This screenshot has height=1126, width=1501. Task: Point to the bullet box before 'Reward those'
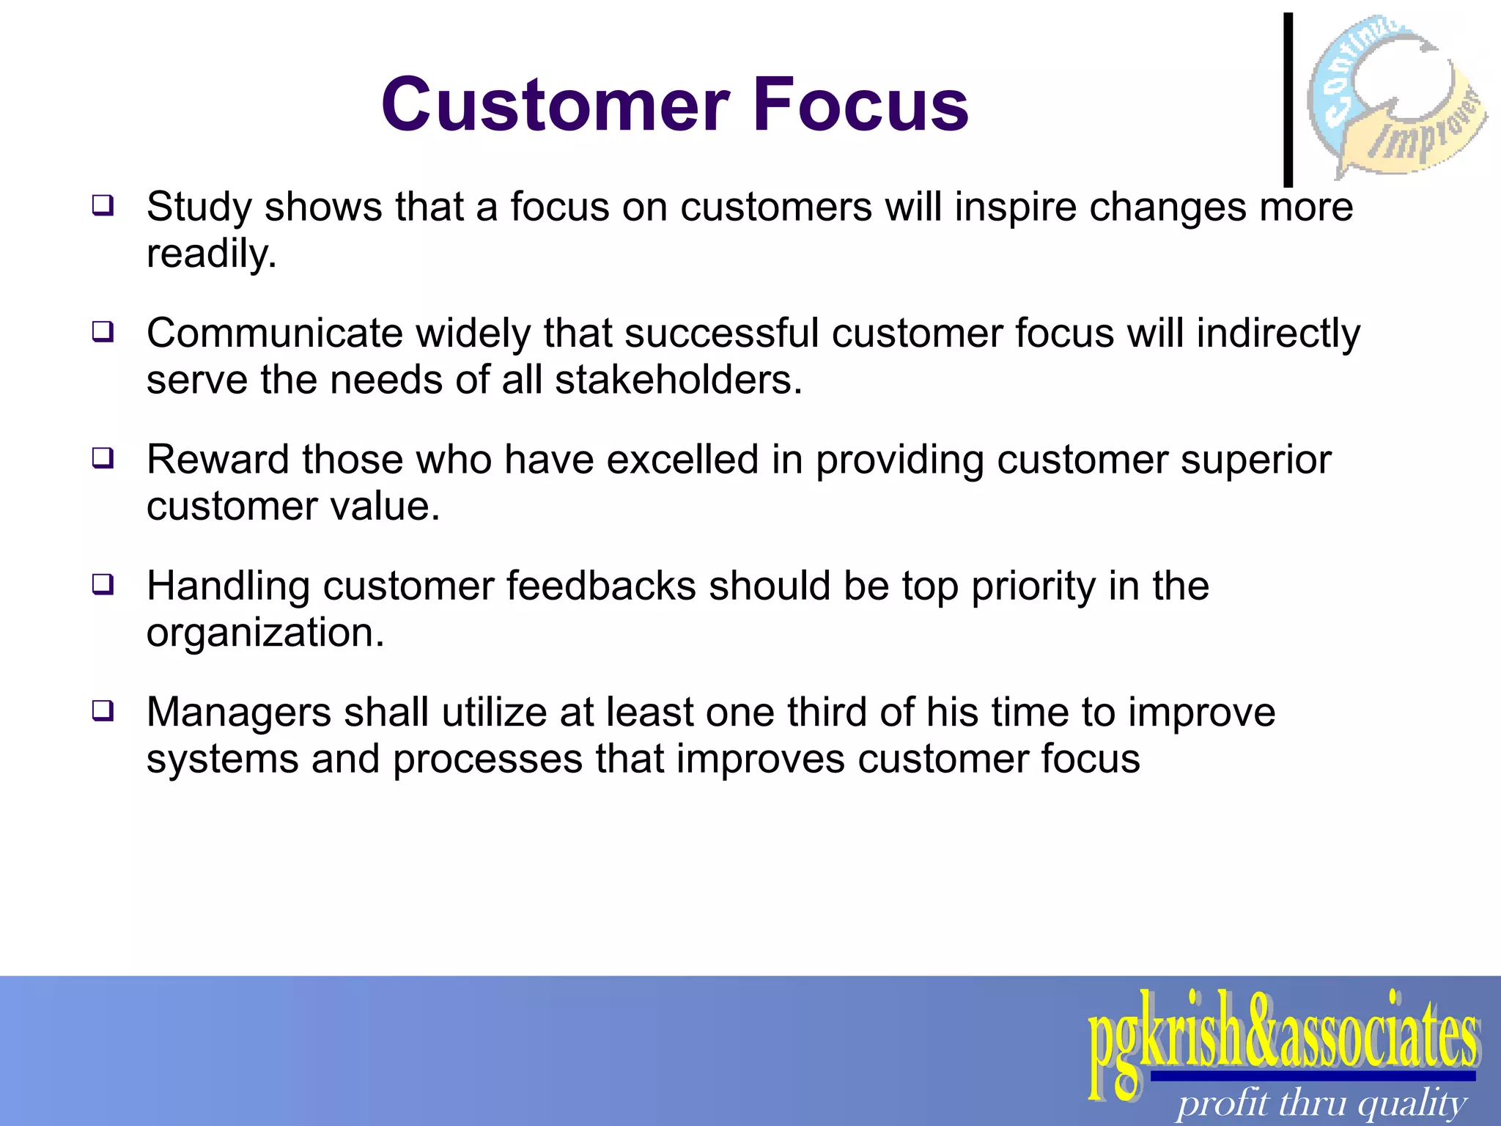pyautogui.click(x=103, y=458)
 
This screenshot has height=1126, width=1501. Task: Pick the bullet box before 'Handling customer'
pyautogui.click(x=103, y=584)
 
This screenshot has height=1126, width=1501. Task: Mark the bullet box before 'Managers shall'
pyautogui.click(x=103, y=710)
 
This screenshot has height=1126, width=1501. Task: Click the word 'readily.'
pyautogui.click(x=212, y=255)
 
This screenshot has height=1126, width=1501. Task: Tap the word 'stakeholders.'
pyautogui.click(x=679, y=380)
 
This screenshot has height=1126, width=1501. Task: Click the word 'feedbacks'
pyautogui.click(x=600, y=586)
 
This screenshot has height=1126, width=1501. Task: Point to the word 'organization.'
pyautogui.click(x=265, y=633)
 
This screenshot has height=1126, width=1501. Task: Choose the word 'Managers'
pyautogui.click(x=239, y=713)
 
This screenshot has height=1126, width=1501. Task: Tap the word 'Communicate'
pyautogui.click(x=275, y=333)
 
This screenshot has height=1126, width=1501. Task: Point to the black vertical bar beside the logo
pyautogui.click(x=1288, y=99)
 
